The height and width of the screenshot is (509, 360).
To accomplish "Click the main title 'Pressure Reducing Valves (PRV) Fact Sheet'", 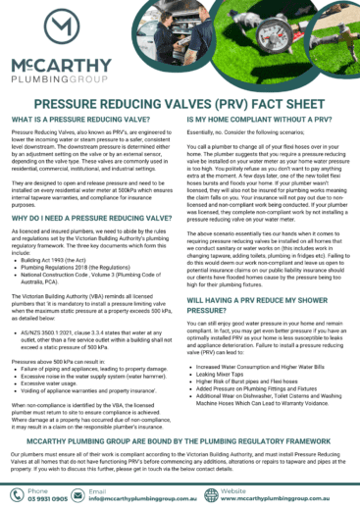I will click(180, 101).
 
